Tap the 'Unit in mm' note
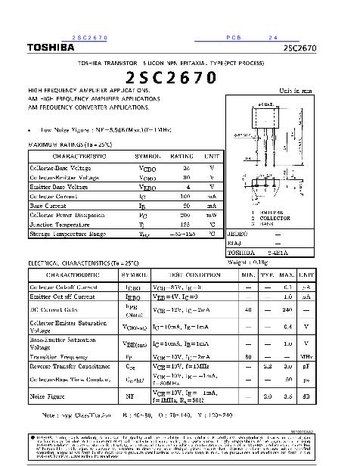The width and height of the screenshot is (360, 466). (x=296, y=91)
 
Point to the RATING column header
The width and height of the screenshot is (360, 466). (x=182, y=156)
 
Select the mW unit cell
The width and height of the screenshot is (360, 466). (x=212, y=215)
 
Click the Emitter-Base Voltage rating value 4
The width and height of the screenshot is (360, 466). (x=186, y=186)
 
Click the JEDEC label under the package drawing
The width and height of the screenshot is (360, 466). (x=238, y=235)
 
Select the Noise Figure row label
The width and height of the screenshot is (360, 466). (x=48, y=395)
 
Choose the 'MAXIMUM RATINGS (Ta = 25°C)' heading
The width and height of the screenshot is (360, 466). (x=70, y=144)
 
